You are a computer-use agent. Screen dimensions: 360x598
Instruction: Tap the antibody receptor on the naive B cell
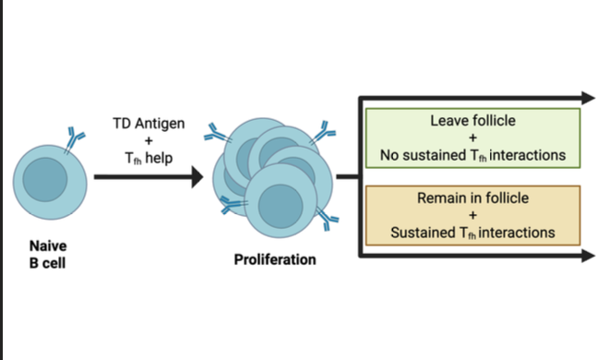pyautogui.click(x=73, y=138)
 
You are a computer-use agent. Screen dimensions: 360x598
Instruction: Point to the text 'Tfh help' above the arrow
pyautogui.click(x=148, y=158)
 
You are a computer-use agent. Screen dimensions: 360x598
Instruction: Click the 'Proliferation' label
pyautogui.click(x=274, y=259)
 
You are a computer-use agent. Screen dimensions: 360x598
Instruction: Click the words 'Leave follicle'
pyautogui.click(x=472, y=122)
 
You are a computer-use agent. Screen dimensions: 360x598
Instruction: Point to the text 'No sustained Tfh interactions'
pyautogui.click(x=472, y=155)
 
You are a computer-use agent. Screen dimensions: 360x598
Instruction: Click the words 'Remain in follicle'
pyautogui.click(x=472, y=198)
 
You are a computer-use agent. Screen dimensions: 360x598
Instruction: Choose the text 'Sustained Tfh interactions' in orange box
pyautogui.click(x=472, y=233)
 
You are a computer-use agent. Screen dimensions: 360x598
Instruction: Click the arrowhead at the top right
pyautogui.click(x=586, y=97)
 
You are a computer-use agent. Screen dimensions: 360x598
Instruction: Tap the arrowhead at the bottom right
pyautogui.click(x=586, y=256)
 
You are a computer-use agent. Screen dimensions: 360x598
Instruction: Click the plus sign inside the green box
pyautogui.click(x=472, y=138)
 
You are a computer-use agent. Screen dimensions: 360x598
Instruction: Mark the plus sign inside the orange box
pyautogui.click(x=472, y=215)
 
